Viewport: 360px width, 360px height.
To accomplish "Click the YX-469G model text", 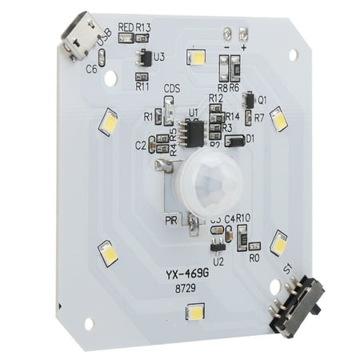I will point(188,274).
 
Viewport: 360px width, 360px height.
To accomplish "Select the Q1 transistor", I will point(249,100).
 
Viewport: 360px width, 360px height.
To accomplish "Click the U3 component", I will point(143,58).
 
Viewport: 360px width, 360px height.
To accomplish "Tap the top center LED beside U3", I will point(195,57).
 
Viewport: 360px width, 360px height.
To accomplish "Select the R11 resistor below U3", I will point(142,76).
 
